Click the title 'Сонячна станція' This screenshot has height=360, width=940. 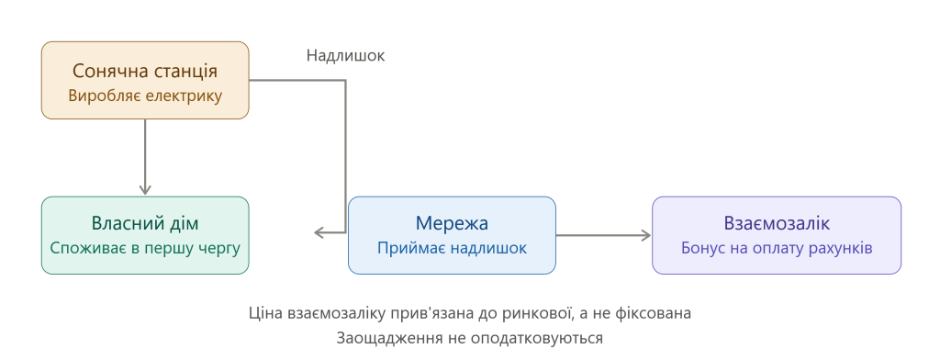pos(145,71)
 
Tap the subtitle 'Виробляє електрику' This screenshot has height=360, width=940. pos(145,96)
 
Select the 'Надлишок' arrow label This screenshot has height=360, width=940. pos(345,56)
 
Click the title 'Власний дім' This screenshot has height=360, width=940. pos(145,223)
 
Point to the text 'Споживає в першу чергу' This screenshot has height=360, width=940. pos(145,248)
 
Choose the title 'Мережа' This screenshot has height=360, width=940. pos(452,223)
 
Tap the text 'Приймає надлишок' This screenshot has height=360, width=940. pos(452,248)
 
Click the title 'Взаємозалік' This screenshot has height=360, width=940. pos(777,223)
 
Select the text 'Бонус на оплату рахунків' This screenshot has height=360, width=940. pos(777,248)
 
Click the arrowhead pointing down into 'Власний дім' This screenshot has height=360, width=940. pos(145,188)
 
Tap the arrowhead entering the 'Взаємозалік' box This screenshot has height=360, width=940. pos(645,236)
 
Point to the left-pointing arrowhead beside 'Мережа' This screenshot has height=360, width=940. pos(320,232)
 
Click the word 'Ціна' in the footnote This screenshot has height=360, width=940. pos(265,313)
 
